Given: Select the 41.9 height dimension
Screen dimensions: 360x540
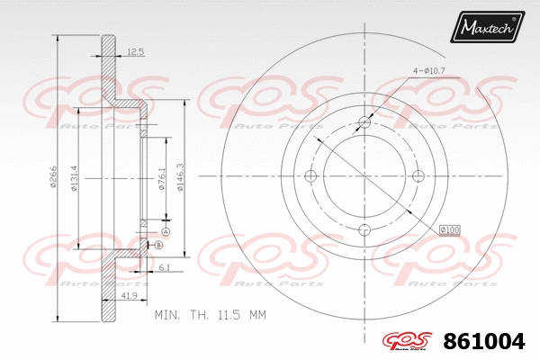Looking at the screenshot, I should [129, 295].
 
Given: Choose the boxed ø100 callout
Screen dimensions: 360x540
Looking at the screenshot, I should [449, 231].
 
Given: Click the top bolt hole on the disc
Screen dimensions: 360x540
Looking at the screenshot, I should [364, 122].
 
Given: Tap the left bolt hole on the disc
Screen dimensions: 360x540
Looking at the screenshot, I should [311, 175].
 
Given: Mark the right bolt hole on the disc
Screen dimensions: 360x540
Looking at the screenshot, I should [418, 175].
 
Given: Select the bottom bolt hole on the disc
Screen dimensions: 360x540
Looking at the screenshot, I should [364, 229].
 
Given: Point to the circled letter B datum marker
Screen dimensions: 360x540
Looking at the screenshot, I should [158, 245].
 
